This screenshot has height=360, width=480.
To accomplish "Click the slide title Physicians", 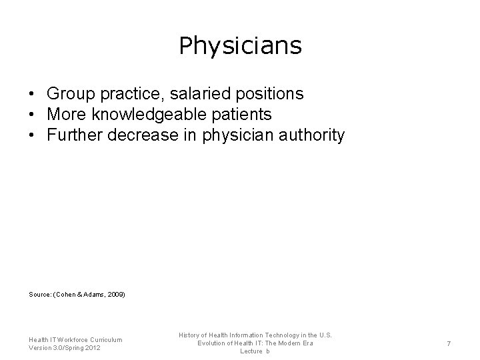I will (x=240, y=46).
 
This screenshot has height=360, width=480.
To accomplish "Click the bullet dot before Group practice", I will (x=32, y=93).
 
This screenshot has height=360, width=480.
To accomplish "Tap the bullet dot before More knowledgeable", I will (x=32, y=115).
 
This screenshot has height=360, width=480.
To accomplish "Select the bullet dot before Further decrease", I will (x=32, y=136).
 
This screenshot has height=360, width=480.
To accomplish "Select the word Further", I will (x=72, y=136).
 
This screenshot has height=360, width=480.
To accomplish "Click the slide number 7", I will (x=449, y=343).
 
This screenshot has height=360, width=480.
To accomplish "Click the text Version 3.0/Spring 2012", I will (x=65, y=348).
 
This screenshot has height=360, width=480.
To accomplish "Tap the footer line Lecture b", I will (x=255, y=351).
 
